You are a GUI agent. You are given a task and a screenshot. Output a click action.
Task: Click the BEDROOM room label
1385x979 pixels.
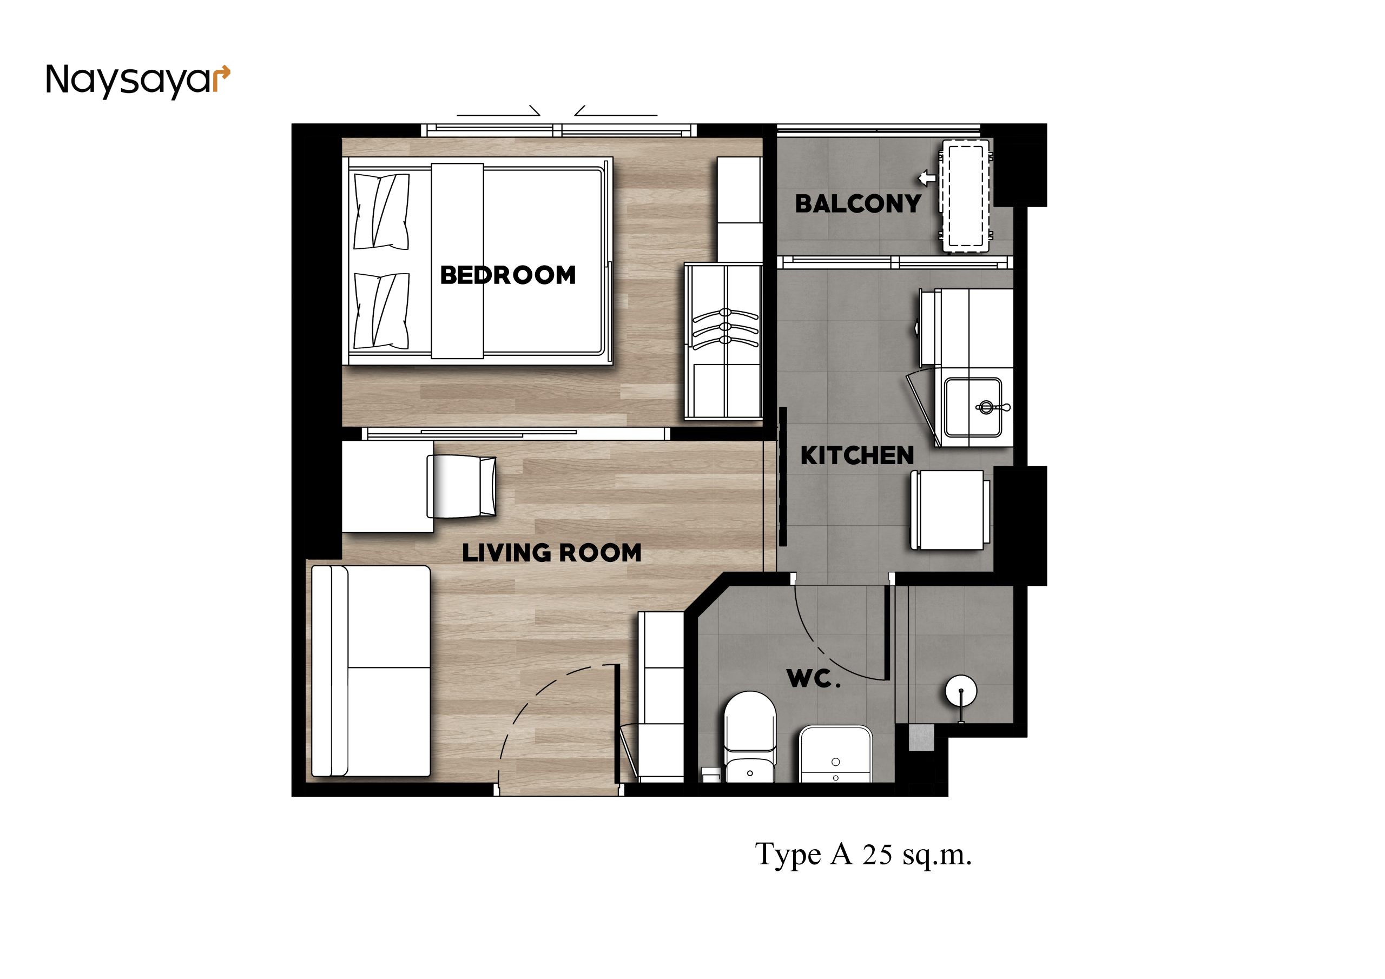pos(508,275)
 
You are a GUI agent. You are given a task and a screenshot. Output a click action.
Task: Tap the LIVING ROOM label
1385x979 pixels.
pos(552,553)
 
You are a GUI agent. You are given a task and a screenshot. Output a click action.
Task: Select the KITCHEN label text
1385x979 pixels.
pos(857,455)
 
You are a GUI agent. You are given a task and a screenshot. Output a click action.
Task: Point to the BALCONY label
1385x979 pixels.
pos(858,204)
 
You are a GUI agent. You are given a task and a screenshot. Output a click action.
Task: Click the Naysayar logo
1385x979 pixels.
pos(138,81)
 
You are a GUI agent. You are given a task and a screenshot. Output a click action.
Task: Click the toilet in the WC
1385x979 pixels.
pos(750,737)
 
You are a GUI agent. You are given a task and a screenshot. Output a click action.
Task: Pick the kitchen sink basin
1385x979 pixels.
pos(973,407)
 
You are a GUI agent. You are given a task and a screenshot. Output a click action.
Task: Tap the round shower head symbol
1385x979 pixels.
pos(960,691)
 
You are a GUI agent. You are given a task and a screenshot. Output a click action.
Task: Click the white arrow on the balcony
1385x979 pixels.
pos(927,178)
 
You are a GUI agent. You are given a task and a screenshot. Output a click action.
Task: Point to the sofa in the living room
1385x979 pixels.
pos(371,671)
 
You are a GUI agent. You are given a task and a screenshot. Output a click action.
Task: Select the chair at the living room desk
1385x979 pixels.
pos(461,486)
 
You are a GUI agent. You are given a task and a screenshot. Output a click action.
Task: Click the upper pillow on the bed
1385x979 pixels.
pos(381,211)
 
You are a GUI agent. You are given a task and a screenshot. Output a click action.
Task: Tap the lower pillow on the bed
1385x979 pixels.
pos(381,310)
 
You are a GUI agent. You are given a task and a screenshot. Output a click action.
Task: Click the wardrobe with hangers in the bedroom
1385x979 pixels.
pos(723,341)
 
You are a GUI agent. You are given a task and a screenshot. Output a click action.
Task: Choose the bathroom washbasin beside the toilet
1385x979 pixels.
pos(835,754)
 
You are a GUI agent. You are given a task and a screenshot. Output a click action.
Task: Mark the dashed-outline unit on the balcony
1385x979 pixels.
pos(965,196)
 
